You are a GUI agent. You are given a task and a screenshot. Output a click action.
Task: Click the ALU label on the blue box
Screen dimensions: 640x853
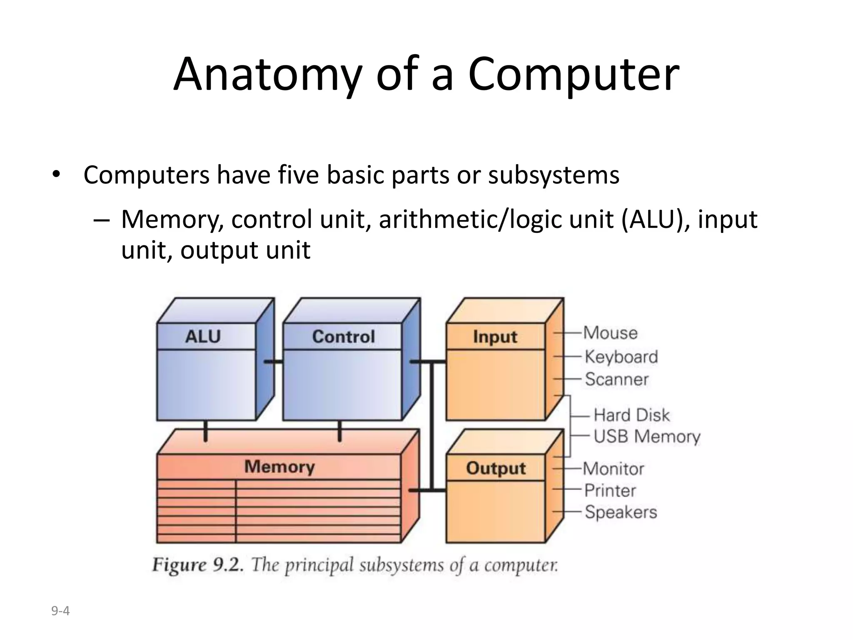click(x=203, y=336)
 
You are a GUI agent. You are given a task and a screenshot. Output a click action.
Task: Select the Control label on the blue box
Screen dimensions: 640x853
click(x=343, y=336)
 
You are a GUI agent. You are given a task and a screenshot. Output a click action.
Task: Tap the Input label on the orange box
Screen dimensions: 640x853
click(x=495, y=337)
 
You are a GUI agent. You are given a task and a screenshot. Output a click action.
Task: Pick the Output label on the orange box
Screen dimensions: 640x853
click(x=496, y=468)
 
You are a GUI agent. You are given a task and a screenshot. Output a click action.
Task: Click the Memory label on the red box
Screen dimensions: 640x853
click(x=279, y=467)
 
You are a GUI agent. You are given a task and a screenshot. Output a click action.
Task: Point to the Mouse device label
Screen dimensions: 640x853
click(x=610, y=333)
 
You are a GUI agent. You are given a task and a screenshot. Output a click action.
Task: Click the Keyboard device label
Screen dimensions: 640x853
click(x=621, y=357)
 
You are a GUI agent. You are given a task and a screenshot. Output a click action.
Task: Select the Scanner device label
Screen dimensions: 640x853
click(x=616, y=379)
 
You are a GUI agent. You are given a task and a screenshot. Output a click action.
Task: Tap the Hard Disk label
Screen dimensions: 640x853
click(x=631, y=415)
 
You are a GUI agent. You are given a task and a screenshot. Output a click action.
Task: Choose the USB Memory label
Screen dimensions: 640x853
click(x=646, y=436)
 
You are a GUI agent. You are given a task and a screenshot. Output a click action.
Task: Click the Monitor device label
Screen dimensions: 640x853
click(x=613, y=469)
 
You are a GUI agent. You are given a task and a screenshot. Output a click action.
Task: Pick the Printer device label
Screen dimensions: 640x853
click(x=610, y=490)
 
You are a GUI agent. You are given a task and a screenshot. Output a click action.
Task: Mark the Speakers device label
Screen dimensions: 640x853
click(x=621, y=512)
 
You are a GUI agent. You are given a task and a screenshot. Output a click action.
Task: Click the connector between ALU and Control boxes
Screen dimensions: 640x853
click(x=274, y=362)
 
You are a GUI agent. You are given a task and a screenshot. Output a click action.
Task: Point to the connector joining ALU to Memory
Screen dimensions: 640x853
click(x=205, y=431)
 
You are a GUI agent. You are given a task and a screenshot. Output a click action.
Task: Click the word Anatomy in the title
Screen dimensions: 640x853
click(x=267, y=75)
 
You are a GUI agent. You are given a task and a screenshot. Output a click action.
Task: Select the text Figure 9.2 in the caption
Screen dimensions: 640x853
click(x=197, y=565)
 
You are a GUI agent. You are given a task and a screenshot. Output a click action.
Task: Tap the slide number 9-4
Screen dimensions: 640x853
click(x=60, y=611)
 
